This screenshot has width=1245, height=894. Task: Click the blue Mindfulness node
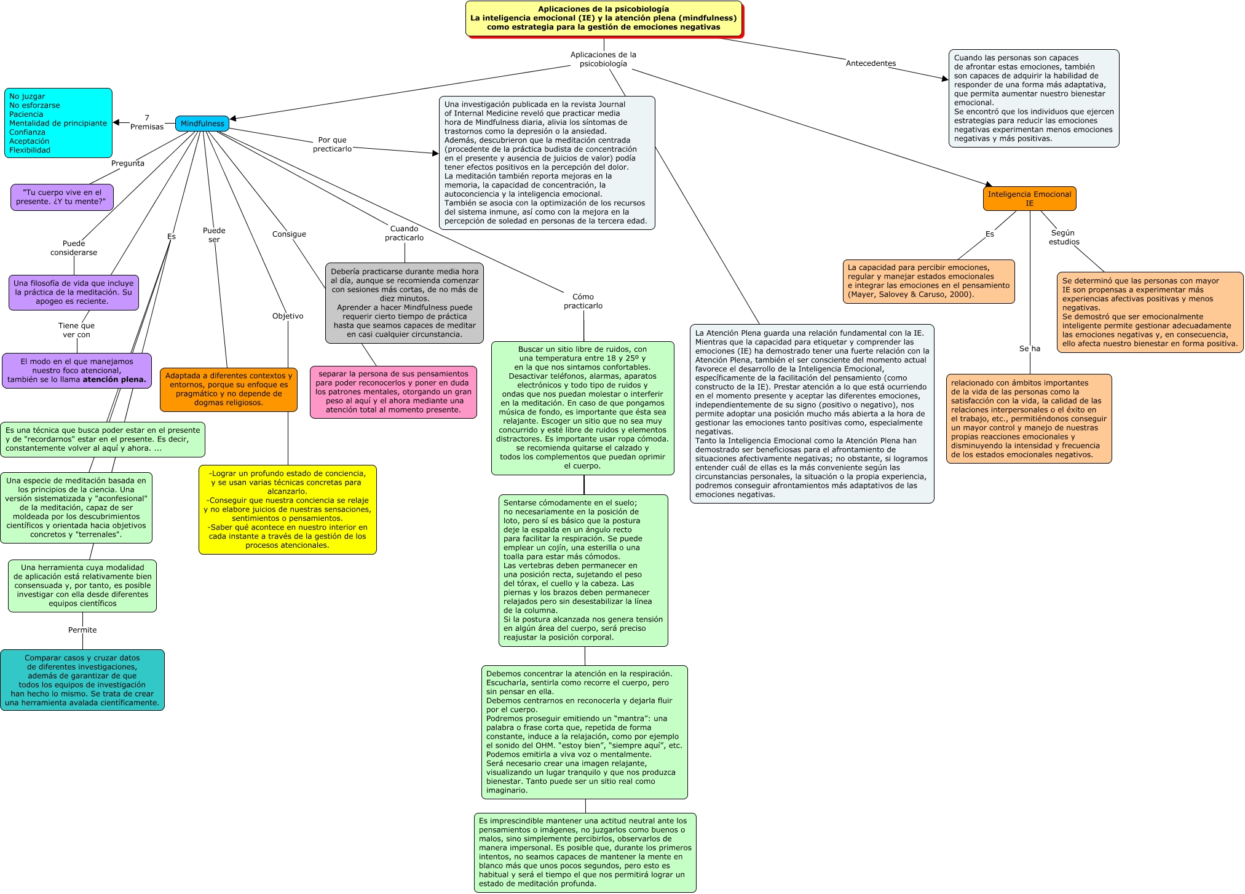click(202, 124)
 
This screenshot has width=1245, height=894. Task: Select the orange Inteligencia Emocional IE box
click(1029, 199)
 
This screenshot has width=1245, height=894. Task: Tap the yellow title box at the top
click(603, 18)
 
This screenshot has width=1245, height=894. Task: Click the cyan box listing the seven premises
click(58, 123)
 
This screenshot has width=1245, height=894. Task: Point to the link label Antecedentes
click(871, 63)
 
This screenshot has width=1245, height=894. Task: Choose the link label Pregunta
click(128, 164)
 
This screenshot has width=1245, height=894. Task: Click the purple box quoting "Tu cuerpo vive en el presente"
click(62, 197)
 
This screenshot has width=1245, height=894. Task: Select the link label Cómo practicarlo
click(583, 301)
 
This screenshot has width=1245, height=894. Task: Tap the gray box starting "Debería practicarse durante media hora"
click(405, 303)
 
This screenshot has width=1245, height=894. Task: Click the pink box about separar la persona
click(393, 392)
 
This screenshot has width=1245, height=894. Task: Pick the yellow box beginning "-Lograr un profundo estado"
click(287, 509)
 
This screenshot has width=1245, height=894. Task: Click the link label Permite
click(82, 630)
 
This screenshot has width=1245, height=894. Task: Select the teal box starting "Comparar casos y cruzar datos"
click(82, 680)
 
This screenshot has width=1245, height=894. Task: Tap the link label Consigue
click(289, 234)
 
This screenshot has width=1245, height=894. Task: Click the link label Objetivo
click(288, 316)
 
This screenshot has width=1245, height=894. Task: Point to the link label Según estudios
click(1064, 237)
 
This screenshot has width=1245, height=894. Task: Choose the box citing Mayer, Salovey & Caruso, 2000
click(928, 281)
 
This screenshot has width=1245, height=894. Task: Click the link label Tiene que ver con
click(76, 330)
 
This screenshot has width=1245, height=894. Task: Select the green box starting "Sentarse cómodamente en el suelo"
click(583, 570)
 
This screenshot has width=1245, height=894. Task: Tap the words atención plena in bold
click(114, 380)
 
